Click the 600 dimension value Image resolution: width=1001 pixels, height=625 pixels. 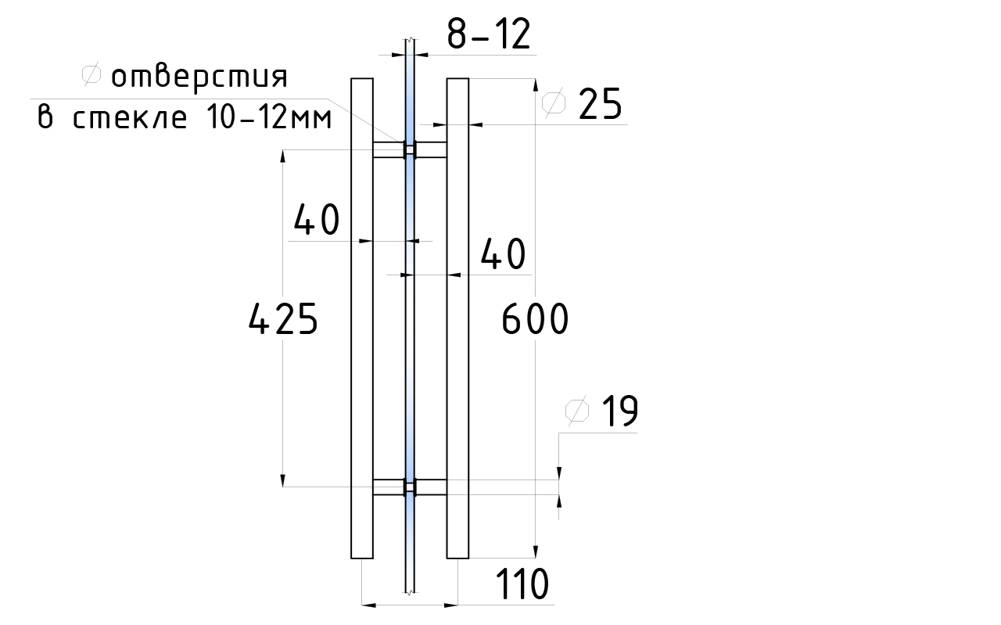[535, 319]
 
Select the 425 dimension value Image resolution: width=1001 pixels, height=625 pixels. [283, 319]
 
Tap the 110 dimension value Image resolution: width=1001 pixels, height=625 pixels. [522, 584]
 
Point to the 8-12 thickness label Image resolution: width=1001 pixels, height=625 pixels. [489, 34]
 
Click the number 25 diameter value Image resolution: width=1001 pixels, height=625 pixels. [600, 104]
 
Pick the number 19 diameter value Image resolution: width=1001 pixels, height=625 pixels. [620, 411]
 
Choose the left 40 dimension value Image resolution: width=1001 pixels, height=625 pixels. [317, 220]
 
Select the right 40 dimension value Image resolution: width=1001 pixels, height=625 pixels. [503, 254]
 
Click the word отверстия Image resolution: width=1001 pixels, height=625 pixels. [199, 77]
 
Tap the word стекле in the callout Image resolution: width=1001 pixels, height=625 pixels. [130, 118]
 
